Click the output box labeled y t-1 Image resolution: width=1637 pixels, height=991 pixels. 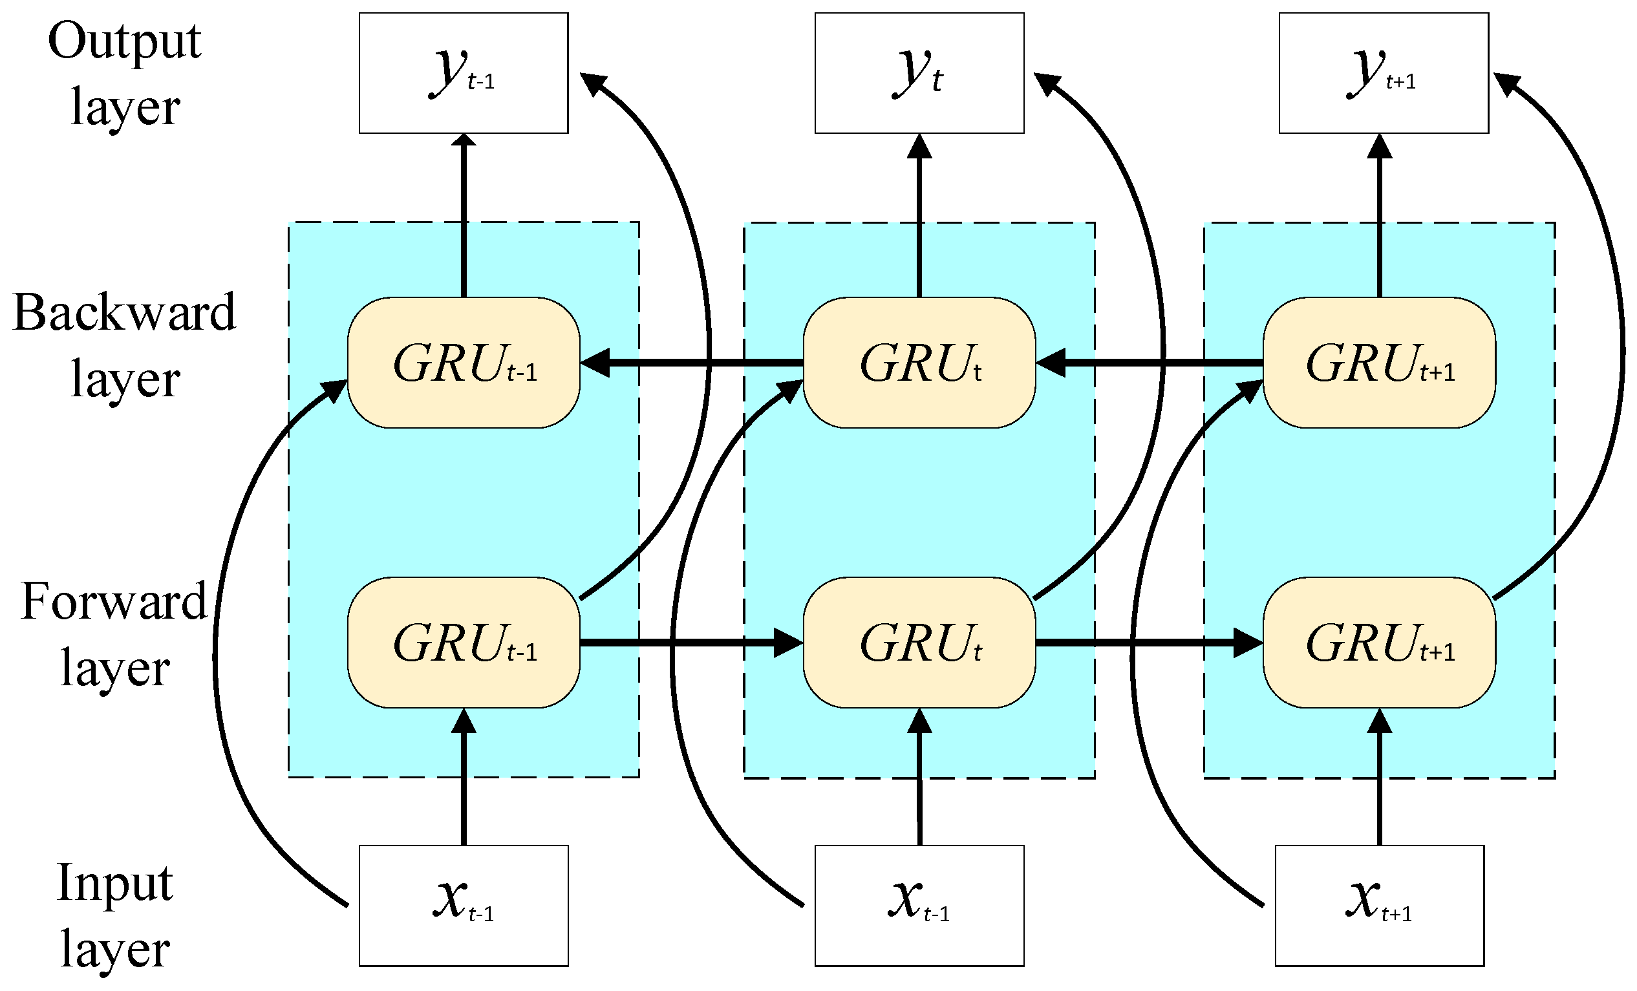pyautogui.click(x=463, y=73)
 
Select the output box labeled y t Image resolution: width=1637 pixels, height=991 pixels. pyautogui.click(x=919, y=73)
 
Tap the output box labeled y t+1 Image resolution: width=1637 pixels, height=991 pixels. pyautogui.click(x=1383, y=73)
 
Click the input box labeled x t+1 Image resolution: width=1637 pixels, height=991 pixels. pyautogui.click(x=1379, y=905)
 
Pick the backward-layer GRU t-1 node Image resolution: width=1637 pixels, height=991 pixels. pyautogui.click(x=463, y=363)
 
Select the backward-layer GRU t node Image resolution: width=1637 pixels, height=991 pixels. pyautogui.click(x=919, y=363)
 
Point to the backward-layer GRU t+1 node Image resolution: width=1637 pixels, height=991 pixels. pyautogui.click(x=1379, y=363)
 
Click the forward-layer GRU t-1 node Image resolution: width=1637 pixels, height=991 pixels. pyautogui.click(x=463, y=643)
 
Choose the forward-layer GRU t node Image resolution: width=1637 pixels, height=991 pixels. pyautogui.click(x=919, y=643)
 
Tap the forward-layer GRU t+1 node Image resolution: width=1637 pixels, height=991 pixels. pyautogui.click(x=1379, y=643)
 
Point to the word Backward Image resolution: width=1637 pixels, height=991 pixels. pyautogui.click(x=124, y=312)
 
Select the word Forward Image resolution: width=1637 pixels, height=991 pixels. pyautogui.click(x=114, y=601)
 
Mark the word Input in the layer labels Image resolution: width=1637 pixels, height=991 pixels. pyautogui.click(x=114, y=883)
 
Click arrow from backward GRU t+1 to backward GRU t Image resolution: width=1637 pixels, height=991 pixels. pyautogui.click(x=1150, y=363)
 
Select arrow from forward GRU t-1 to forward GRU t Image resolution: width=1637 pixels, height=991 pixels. pyautogui.click(x=691, y=643)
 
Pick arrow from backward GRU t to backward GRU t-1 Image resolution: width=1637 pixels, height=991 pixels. pyautogui.click(x=691, y=363)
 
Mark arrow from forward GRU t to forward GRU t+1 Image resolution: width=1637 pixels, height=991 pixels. pyautogui.click(x=1150, y=643)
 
